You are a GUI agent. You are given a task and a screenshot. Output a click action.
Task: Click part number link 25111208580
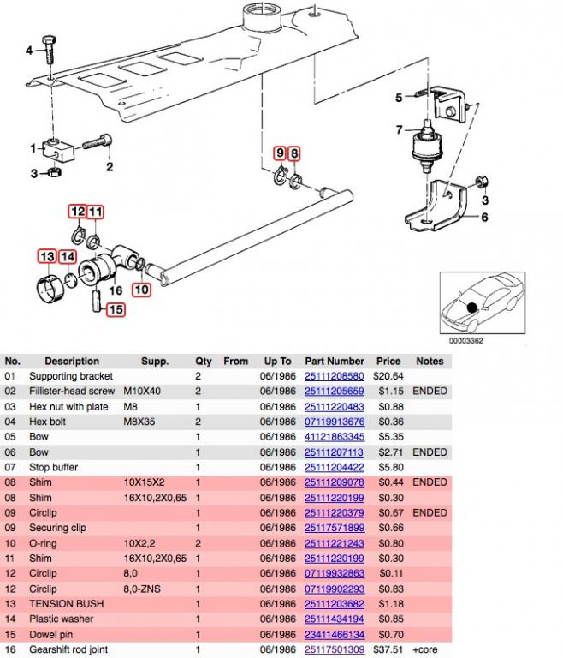pos(335,376)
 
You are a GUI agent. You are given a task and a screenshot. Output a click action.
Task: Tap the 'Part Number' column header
pos(335,362)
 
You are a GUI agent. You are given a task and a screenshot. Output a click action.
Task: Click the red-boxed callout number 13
pos(46,256)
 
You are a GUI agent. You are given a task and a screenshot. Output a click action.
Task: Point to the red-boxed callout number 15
pos(115,309)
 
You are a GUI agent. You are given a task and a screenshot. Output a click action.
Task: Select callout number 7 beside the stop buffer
pos(398,130)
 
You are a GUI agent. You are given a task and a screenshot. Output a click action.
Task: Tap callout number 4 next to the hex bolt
pos(29,51)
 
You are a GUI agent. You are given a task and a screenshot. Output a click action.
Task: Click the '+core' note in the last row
pos(425,650)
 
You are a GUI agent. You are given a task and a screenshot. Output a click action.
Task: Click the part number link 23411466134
pos(335,635)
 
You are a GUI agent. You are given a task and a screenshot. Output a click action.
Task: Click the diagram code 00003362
pos(468,342)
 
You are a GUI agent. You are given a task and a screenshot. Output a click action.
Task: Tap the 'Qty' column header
pos(203,362)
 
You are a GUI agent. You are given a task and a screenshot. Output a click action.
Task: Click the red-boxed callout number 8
pos(294,153)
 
